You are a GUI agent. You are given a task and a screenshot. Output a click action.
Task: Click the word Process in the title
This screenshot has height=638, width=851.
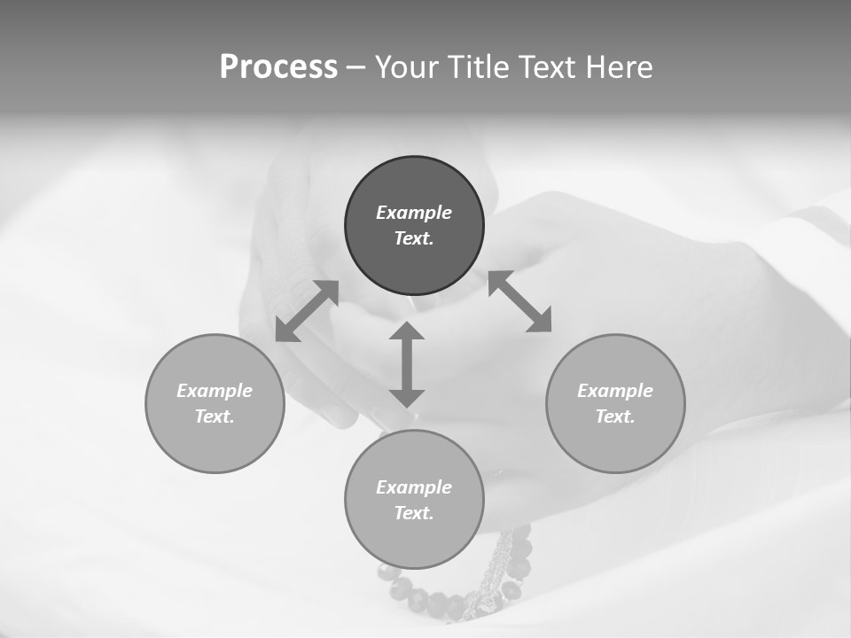click(x=278, y=67)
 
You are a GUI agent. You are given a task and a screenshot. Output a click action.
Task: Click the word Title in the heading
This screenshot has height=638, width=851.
click(x=478, y=67)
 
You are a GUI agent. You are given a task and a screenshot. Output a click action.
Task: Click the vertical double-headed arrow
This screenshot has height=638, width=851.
click(x=407, y=364)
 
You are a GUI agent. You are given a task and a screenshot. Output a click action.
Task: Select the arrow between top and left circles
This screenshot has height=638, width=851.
click(x=307, y=311)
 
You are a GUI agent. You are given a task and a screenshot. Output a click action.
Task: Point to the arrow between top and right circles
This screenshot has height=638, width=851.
click(x=519, y=301)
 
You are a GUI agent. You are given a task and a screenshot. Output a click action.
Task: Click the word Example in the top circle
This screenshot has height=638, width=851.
click(x=414, y=213)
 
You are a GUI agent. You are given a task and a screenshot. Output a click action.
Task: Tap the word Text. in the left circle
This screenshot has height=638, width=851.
click(x=215, y=416)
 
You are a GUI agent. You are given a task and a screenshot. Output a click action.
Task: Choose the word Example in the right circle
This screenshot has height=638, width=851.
click(x=615, y=391)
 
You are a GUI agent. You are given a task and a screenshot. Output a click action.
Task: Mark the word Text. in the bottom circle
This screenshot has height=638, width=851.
click(x=414, y=513)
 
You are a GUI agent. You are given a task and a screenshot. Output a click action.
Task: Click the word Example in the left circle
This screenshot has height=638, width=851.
click(x=215, y=391)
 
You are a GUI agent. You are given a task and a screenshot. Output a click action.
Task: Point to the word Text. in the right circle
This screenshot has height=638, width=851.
click(x=615, y=416)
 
